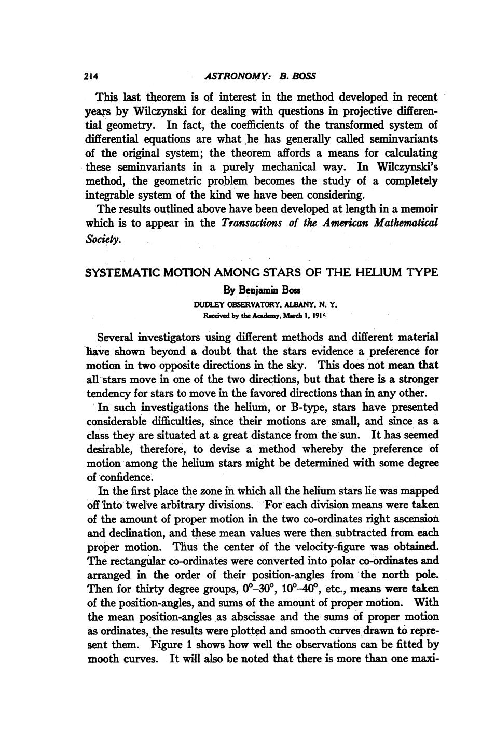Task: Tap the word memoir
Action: pos(418,209)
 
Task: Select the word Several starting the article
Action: pos(115,337)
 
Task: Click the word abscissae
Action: pos(260,617)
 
